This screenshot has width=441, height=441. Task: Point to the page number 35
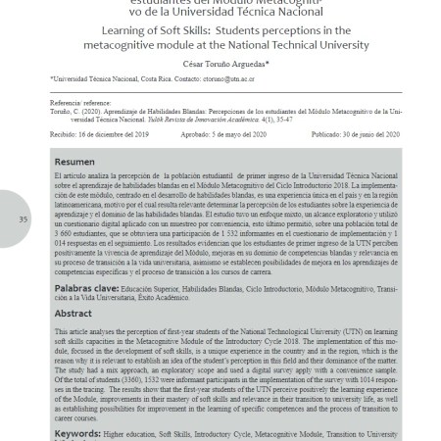click(23, 219)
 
